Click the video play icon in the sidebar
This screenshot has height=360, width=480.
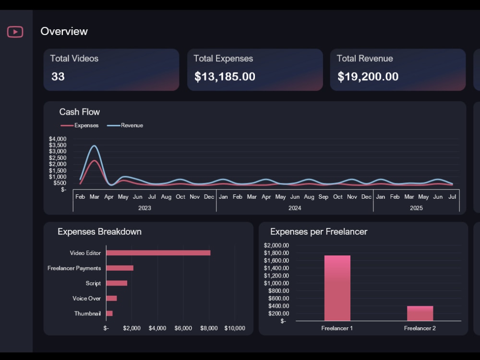15,32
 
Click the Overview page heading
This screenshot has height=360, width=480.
64,31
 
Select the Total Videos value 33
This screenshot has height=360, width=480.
58,76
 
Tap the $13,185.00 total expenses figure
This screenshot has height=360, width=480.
225,76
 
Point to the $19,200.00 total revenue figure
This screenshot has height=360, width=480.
368,76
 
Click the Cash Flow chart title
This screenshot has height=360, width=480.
79,112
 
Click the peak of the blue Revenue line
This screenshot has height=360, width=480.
95,146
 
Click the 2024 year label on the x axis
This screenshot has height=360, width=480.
294,208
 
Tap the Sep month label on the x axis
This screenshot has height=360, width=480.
324,197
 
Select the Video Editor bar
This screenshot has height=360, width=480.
158,253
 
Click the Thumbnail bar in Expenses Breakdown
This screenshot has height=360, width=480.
109,313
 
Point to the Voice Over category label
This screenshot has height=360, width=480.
86,299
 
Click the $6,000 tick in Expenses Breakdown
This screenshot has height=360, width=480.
183,328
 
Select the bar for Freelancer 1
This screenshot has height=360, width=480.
337,288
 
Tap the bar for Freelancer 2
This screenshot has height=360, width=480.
420,313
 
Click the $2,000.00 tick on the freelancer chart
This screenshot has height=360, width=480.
276,245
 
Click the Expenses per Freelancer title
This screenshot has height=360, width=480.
319,231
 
